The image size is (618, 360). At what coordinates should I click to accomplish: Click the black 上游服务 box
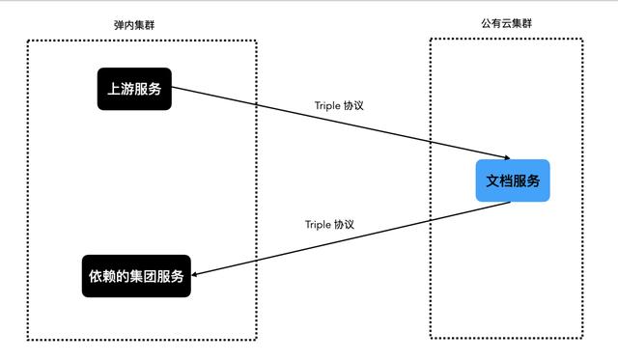coord(134,89)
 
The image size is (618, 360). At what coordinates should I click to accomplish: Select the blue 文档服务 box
coord(513,180)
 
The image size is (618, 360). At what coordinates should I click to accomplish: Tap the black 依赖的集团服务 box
coord(134,276)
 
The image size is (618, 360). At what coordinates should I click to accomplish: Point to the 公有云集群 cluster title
coord(506,21)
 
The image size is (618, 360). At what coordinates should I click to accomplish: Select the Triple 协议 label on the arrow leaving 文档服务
coord(329,224)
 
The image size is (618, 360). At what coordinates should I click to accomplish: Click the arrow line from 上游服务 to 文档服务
coord(338,125)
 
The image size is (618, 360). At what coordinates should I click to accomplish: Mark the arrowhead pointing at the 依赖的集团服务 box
coord(195,274)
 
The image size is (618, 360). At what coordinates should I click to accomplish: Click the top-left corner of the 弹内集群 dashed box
coord(29,41)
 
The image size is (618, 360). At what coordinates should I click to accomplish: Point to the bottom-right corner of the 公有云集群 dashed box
coord(584,338)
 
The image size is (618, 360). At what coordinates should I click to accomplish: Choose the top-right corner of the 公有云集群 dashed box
coord(584,39)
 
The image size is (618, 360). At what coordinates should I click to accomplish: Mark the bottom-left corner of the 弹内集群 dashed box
coord(29,340)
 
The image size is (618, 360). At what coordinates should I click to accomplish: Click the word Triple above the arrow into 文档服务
coord(327,105)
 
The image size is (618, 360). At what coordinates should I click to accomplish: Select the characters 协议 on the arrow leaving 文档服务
coord(345,224)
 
